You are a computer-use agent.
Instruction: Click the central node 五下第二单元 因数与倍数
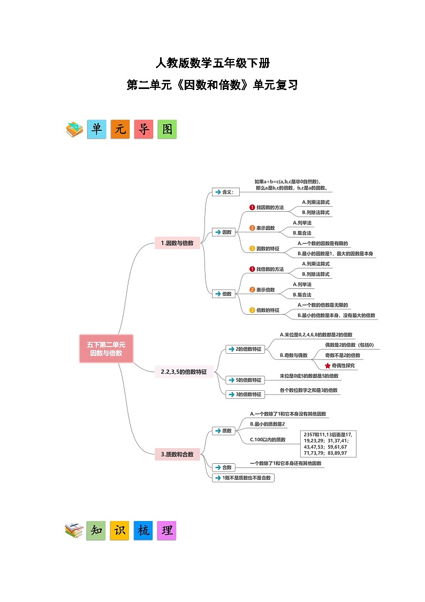tap(106, 348)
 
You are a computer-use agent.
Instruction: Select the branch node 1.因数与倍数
tap(177, 243)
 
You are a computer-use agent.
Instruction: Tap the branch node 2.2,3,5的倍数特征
tap(184, 371)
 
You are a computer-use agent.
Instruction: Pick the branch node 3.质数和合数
tap(177, 454)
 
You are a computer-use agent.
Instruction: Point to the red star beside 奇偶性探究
tap(328, 366)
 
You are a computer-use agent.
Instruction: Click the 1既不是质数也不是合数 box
tap(244, 478)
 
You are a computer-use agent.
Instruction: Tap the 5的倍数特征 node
tap(245, 380)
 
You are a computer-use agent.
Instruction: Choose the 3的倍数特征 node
tap(245, 394)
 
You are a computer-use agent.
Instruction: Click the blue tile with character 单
tap(97, 129)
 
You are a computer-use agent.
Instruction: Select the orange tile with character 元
tap(120, 129)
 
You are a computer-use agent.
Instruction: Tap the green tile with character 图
tap(167, 129)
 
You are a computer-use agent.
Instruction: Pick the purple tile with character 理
tap(166, 531)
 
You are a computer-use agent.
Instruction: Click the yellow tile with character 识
tap(119, 531)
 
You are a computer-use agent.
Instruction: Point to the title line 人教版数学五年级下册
tap(212, 63)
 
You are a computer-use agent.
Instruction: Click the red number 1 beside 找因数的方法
tap(252, 207)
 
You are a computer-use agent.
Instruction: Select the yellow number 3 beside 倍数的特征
tap(252, 310)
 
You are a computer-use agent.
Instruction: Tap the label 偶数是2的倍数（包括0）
tap(350, 345)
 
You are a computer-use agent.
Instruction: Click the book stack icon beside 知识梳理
tap(74, 531)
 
